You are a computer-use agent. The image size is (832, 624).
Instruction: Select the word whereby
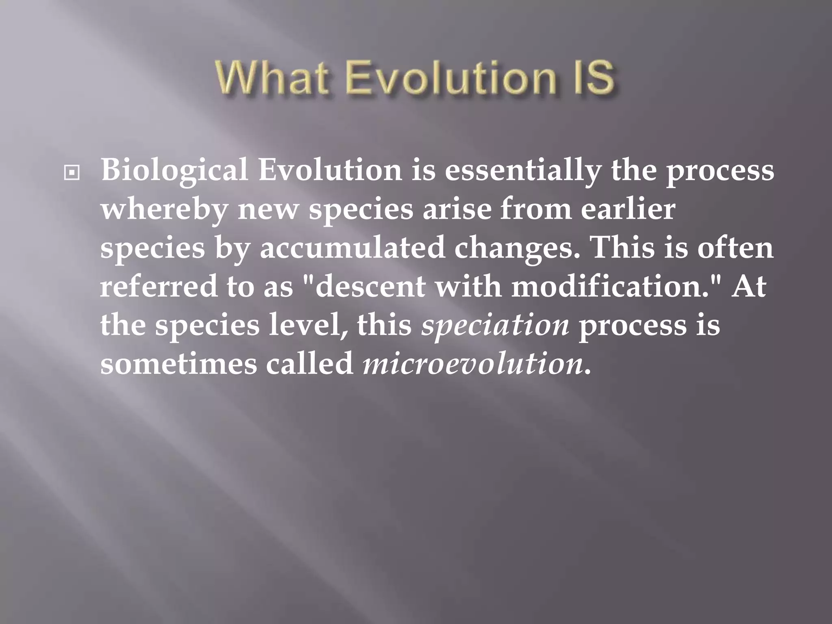click(165, 210)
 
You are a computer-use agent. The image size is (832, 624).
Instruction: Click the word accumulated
click(352, 248)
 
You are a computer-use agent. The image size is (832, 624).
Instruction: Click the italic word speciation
click(495, 326)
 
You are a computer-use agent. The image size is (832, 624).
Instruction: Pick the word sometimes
click(179, 363)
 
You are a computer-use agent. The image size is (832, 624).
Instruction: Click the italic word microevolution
click(472, 363)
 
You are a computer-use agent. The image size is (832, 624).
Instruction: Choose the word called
click(310, 363)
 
